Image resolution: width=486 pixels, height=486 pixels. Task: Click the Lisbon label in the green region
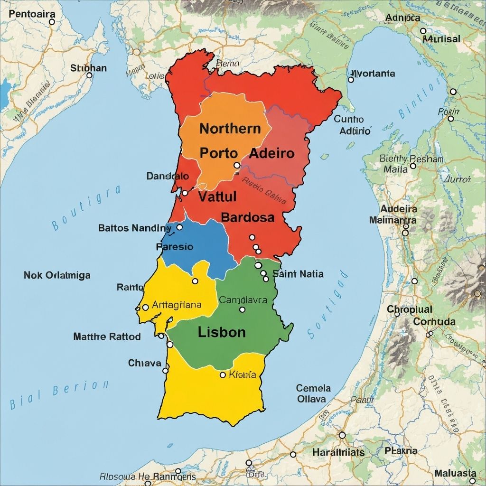tap(222, 332)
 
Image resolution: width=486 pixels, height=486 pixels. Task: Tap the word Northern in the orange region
tap(230, 129)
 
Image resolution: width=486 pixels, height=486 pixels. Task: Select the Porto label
tap(218, 153)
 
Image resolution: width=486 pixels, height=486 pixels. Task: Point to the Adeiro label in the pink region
tap(271, 153)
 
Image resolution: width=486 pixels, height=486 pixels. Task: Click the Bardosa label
tap(248, 217)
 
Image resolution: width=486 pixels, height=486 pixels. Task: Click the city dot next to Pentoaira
tap(52, 22)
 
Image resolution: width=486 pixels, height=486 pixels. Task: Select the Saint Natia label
tap(298, 273)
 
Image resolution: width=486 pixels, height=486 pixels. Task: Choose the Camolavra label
tap(243, 300)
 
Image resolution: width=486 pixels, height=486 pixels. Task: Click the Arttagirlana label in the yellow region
tap(177, 305)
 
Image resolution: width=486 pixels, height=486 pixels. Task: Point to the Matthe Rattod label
tap(107, 336)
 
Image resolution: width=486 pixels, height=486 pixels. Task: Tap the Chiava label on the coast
tap(144, 363)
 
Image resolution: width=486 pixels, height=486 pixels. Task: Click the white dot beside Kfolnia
tap(223, 375)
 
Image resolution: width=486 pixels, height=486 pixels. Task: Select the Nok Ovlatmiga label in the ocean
tap(57, 275)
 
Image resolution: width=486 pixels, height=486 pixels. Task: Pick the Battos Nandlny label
tap(135, 228)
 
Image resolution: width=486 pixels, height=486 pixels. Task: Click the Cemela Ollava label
tap(313, 393)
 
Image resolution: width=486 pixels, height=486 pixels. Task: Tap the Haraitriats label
tap(338, 452)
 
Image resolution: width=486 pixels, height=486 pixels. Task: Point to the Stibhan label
tap(88, 68)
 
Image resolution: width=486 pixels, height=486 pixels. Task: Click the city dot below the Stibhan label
tap(89, 75)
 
